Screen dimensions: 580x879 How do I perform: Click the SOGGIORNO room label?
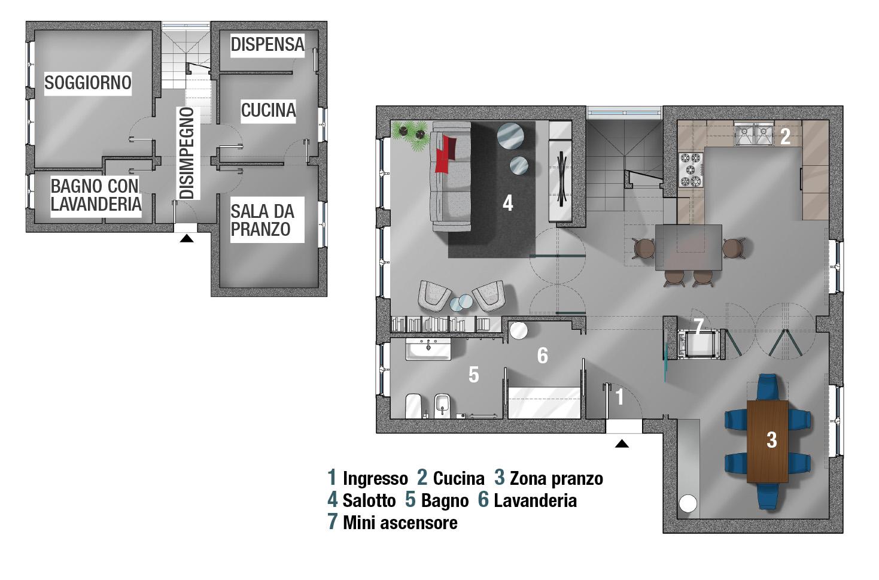point(88,82)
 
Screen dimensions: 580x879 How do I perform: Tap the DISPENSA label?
point(267,44)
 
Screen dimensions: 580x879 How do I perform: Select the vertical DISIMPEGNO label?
point(187,153)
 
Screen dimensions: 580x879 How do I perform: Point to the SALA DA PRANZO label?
point(262,220)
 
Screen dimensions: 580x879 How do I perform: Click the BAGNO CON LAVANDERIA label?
point(95,195)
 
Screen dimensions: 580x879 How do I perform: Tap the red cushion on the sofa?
point(446,153)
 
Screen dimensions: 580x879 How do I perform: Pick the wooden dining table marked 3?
point(767,441)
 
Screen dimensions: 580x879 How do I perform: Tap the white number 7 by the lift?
point(698,326)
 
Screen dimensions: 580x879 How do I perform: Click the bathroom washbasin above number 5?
point(428,349)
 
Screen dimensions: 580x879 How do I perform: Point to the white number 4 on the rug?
point(507,203)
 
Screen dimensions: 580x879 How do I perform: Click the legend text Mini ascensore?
point(400,523)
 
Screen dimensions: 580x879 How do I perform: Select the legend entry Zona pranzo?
point(556,478)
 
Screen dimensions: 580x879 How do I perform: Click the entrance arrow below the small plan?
point(187,238)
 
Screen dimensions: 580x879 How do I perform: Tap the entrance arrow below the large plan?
point(622,444)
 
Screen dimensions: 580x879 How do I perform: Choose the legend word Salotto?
point(369,500)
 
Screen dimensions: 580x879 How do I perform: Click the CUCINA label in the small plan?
point(268,110)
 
